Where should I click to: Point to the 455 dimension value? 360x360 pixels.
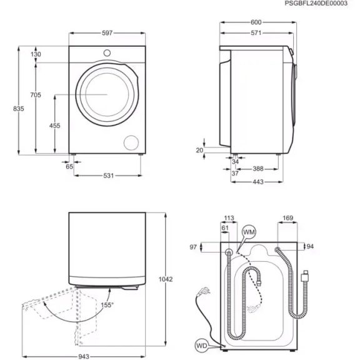tap(54, 126)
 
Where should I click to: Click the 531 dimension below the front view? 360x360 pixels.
tap(109, 176)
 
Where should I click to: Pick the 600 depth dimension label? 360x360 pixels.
tap(256, 22)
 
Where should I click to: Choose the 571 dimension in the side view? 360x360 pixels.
tap(256, 33)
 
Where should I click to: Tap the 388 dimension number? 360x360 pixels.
tap(257, 169)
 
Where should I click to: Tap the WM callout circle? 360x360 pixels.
tap(249, 232)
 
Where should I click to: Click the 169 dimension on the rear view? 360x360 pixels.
tap(288, 218)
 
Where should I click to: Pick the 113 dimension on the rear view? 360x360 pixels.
tap(228, 218)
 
